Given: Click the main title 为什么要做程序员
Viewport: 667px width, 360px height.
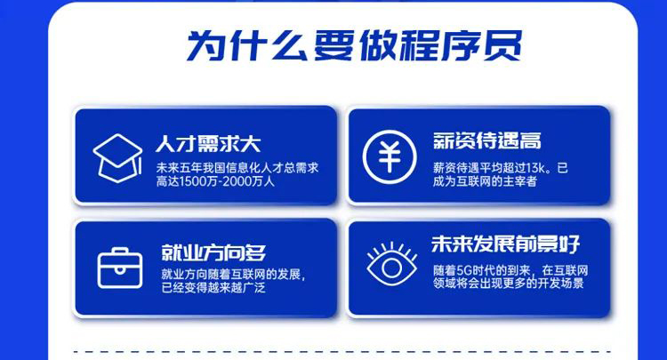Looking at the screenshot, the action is (x=354, y=45).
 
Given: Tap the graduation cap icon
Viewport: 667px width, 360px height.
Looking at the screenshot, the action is (x=117, y=158).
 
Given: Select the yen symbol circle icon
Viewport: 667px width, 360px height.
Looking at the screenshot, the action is (x=390, y=156).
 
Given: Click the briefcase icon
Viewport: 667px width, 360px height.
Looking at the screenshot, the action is (x=120, y=268).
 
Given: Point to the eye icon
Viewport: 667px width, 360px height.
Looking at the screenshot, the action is (x=392, y=264).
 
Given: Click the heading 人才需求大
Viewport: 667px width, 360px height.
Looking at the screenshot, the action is (x=208, y=144).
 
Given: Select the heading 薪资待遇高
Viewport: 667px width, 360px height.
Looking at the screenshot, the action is (x=487, y=140).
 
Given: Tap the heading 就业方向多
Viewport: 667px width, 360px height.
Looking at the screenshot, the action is (x=213, y=253).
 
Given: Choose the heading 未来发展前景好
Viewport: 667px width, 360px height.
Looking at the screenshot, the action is (x=506, y=244).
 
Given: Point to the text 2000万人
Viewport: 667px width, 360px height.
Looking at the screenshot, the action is (x=249, y=181).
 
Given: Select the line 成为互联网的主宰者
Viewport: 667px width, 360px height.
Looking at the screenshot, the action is (x=485, y=181).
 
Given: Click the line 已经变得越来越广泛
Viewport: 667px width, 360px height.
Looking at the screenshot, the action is (x=213, y=288).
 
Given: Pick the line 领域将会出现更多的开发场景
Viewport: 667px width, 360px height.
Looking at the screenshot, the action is (x=509, y=284).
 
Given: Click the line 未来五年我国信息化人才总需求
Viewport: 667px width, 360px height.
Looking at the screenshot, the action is (x=237, y=168).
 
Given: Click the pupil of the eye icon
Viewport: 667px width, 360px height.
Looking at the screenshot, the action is (x=392, y=268).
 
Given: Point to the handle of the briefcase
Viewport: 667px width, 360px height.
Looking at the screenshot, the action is (x=120, y=251).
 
